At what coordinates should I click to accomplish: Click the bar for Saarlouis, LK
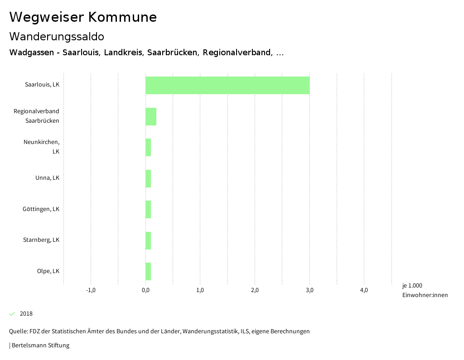[227, 85]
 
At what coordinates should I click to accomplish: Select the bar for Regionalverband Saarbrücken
[151, 116]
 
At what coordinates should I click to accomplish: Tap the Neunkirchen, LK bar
[148, 147]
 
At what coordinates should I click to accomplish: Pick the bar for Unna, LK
[148, 178]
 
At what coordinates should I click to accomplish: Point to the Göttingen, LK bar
[148, 209]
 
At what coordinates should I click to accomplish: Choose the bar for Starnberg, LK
[148, 240]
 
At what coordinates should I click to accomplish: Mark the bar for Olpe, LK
[148, 271]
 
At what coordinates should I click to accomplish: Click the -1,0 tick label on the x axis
[91, 290]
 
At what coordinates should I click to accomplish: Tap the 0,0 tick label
[145, 290]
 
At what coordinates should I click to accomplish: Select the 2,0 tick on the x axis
[255, 290]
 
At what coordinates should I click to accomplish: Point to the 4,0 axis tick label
[364, 290]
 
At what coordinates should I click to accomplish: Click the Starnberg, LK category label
[41, 240]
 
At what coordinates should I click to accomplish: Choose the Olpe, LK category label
[48, 271]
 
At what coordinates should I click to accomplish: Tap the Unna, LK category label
[47, 178]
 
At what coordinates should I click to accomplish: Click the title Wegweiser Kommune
[83, 17]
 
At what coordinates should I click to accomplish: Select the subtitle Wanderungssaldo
[57, 36]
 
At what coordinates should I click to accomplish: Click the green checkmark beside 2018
[12, 314]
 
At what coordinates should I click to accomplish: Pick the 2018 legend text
[26, 314]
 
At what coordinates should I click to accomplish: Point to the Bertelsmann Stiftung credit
[40, 346]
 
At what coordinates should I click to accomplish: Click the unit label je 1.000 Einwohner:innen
[425, 290]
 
